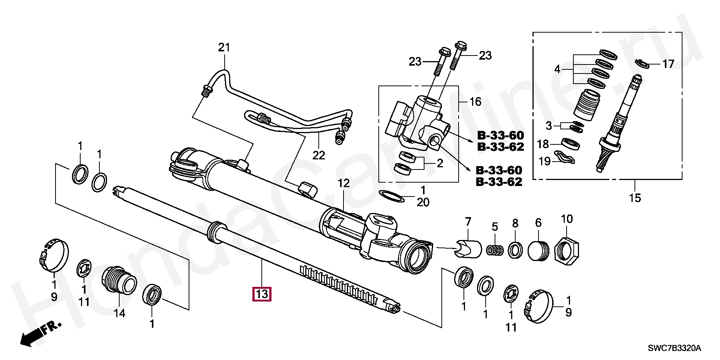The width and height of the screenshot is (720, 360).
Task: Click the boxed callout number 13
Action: (x=262, y=294)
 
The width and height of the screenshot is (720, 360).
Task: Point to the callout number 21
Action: (x=224, y=48)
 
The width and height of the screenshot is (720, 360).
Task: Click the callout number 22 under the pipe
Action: (x=318, y=155)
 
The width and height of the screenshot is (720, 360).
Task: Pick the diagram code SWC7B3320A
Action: (x=674, y=348)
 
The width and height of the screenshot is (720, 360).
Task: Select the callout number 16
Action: (x=475, y=102)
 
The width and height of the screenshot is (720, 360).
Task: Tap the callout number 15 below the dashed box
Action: (x=635, y=198)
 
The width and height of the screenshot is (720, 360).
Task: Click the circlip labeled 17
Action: (x=643, y=64)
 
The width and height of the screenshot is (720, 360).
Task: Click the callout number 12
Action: (x=343, y=183)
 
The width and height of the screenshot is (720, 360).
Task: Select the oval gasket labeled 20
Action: (x=392, y=196)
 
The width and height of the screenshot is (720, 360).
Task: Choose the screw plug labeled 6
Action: (x=538, y=249)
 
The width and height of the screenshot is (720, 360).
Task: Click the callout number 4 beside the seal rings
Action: (x=557, y=69)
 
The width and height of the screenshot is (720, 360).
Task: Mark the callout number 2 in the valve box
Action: (x=440, y=163)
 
